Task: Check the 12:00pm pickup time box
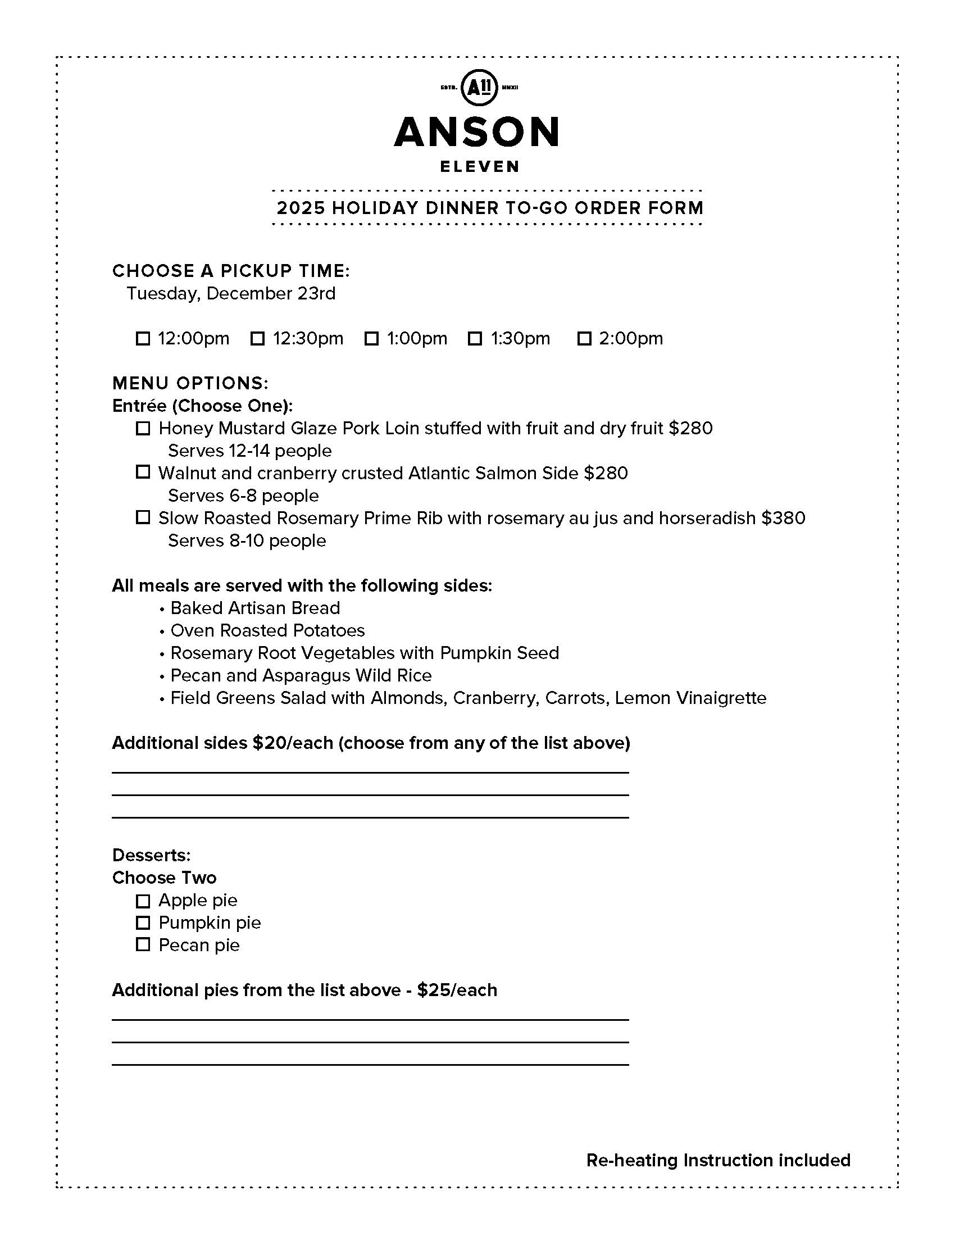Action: click(143, 338)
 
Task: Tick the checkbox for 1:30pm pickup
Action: click(475, 338)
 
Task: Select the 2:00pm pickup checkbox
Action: click(584, 338)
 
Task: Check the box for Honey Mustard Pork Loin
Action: click(143, 429)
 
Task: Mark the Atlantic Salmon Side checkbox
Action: click(143, 472)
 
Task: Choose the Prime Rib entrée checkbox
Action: click(143, 517)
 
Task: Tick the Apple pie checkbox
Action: click(143, 901)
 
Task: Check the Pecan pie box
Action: click(143, 944)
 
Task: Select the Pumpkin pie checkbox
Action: click(143, 923)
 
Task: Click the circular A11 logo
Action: click(480, 88)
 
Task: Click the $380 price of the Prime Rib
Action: click(783, 518)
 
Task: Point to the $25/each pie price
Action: click(457, 990)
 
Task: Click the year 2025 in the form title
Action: click(301, 208)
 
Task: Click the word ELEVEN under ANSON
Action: click(480, 166)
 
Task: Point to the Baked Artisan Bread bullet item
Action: click(254, 608)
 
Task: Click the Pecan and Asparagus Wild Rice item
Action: click(301, 675)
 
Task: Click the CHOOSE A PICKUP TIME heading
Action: click(231, 271)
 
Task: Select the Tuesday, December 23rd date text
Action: click(231, 293)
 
